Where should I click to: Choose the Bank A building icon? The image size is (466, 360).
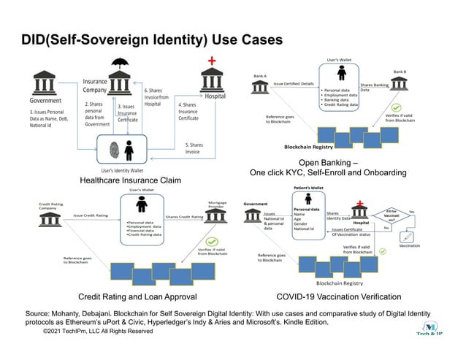[259, 88]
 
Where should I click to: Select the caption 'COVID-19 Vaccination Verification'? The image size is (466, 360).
[338, 296]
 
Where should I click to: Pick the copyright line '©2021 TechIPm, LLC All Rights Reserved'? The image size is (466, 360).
[98, 331]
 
